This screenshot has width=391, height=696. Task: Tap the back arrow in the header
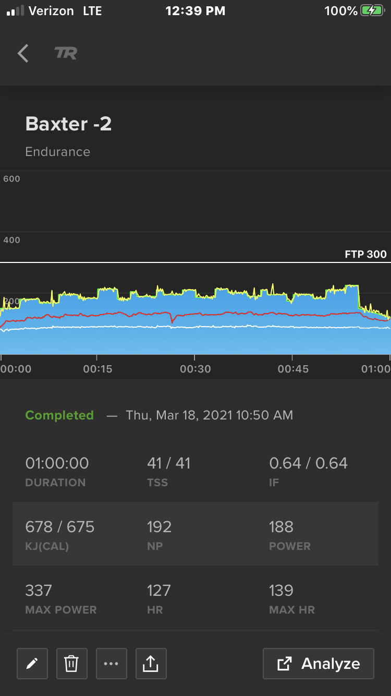tap(23, 53)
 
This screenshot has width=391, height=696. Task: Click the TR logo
tap(66, 53)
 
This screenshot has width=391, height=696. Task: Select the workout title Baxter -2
tap(68, 124)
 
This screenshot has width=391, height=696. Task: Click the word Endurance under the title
tap(58, 152)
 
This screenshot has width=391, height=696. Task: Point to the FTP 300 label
tap(365, 255)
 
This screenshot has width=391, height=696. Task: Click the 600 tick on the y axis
tap(11, 179)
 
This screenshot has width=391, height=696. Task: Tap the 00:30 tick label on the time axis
tap(195, 369)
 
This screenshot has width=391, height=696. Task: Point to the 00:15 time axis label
tap(97, 369)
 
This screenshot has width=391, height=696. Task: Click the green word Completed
tap(59, 415)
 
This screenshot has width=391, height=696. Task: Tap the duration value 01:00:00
tap(57, 463)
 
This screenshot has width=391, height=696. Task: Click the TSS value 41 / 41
tap(168, 463)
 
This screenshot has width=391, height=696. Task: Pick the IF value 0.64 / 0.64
tap(308, 463)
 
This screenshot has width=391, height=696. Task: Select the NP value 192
tap(159, 527)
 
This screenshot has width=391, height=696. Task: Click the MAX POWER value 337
tap(39, 591)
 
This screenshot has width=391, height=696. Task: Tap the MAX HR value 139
tap(281, 591)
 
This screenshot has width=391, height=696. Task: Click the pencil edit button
tap(32, 664)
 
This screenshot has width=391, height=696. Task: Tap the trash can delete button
tap(72, 664)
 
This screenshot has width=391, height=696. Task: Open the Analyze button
tap(318, 664)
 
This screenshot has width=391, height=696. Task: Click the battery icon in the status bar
tap(373, 11)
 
